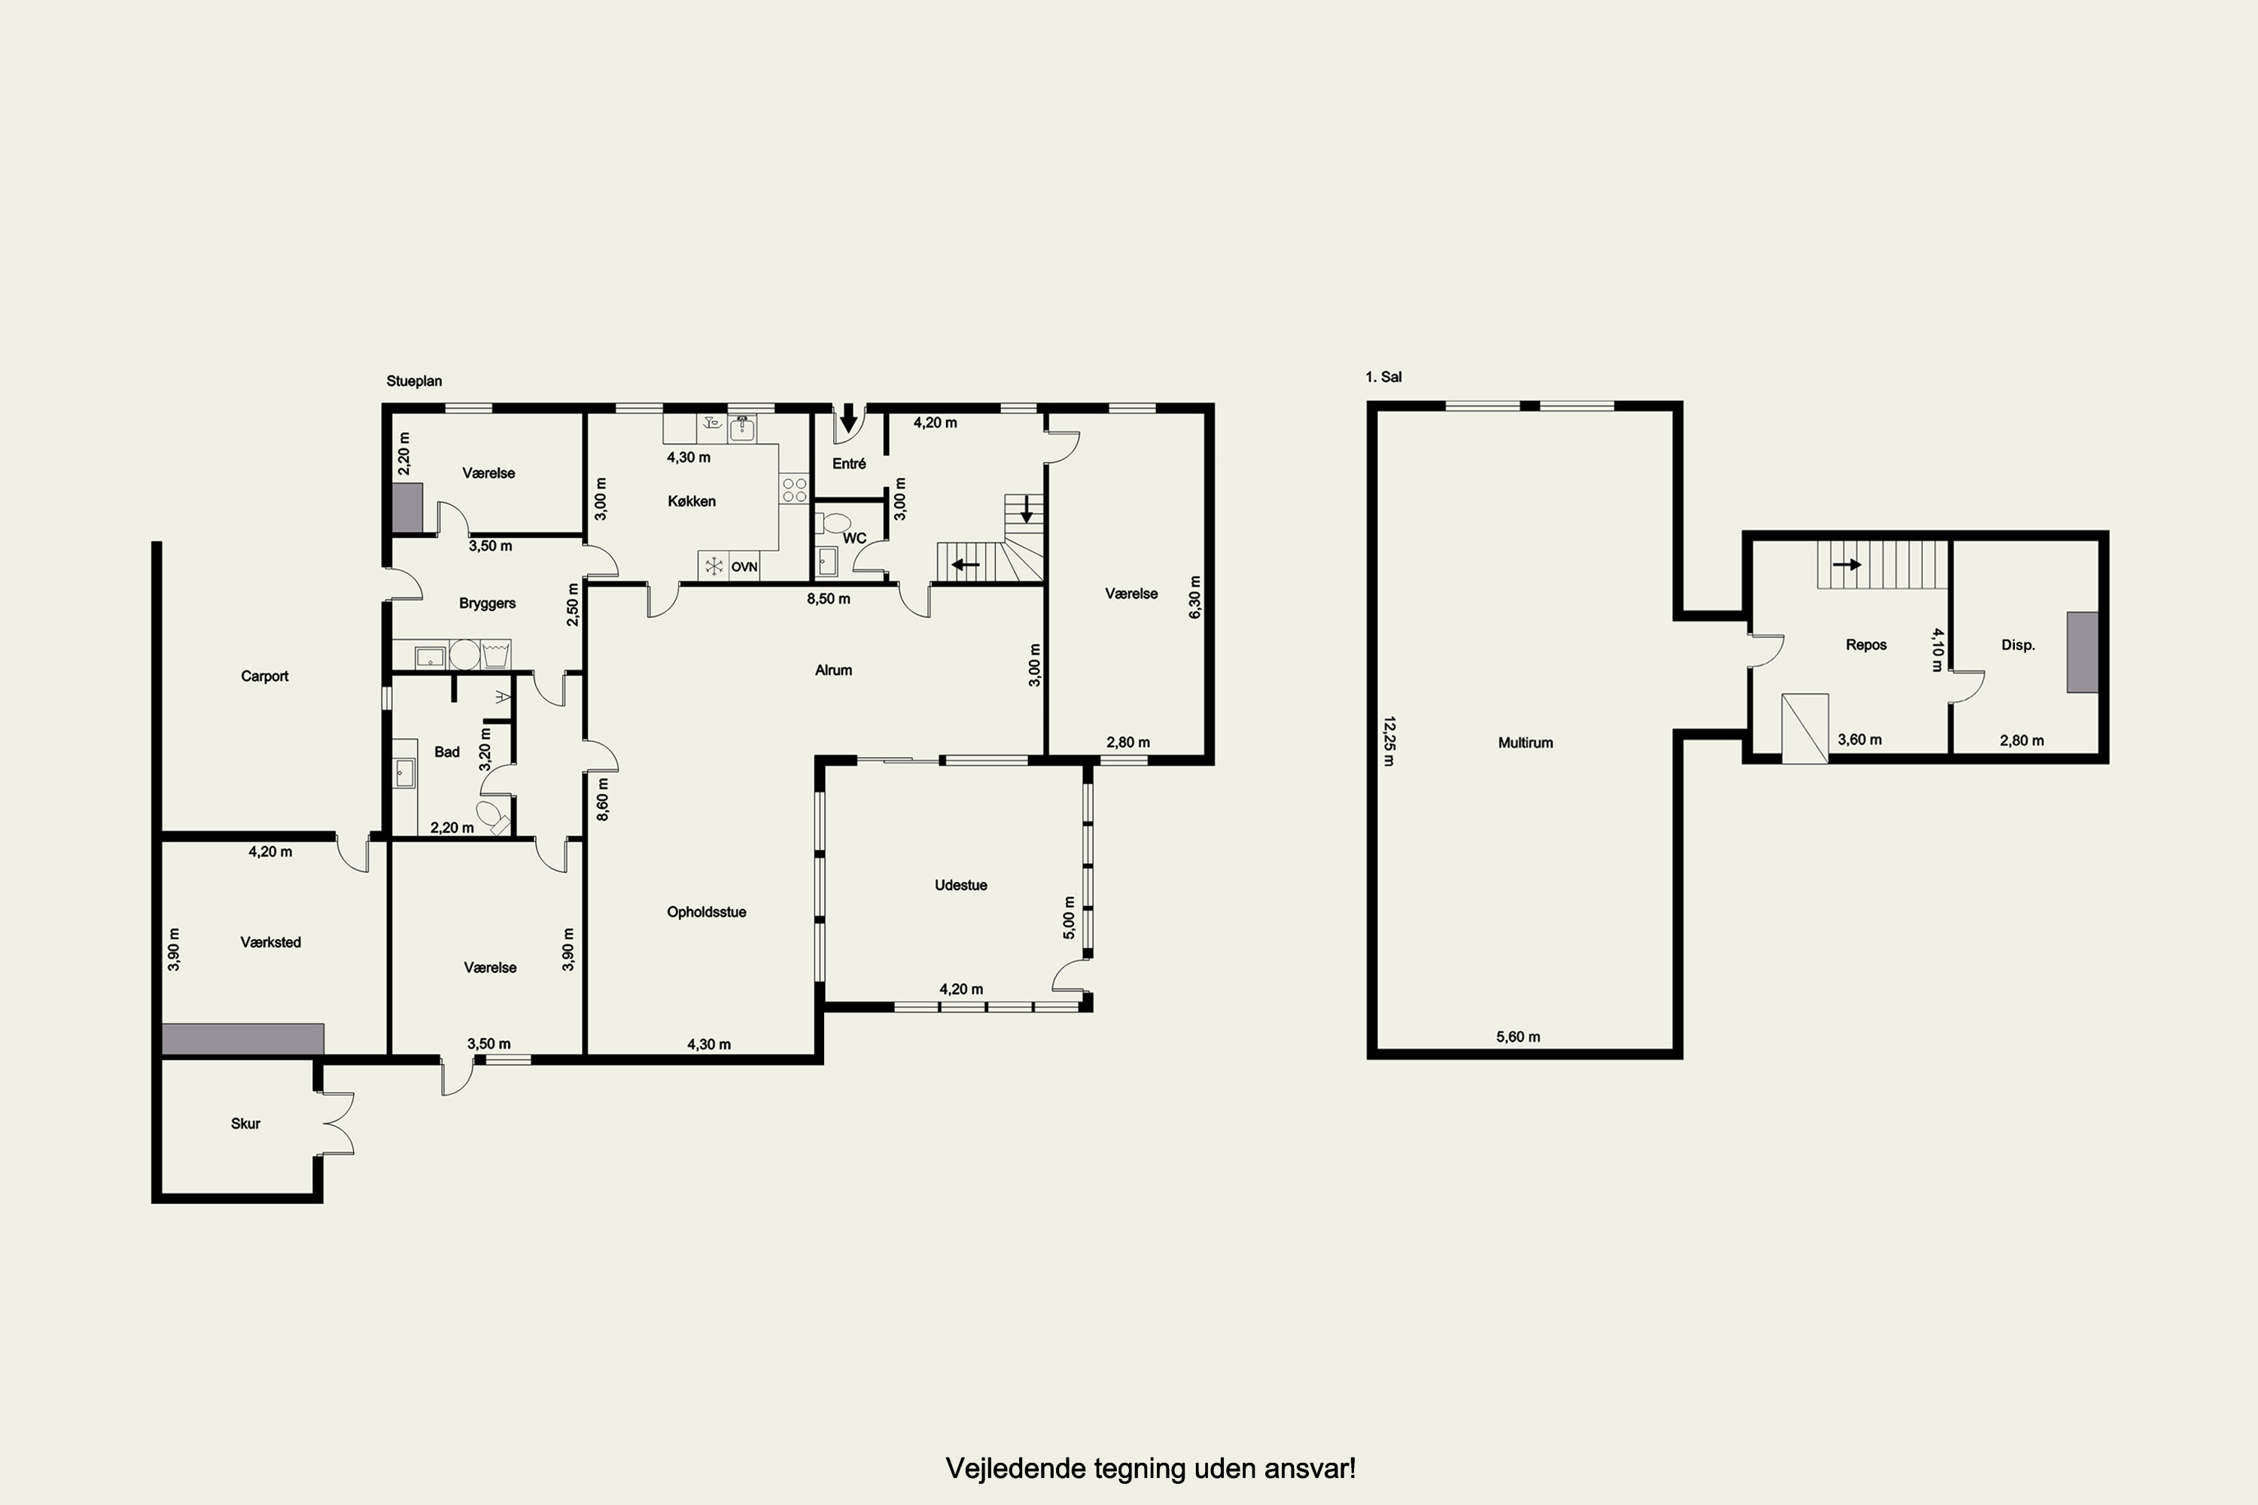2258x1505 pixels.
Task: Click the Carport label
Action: (264, 676)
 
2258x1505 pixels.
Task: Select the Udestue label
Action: (961, 885)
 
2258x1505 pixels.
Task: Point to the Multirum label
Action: (1526, 742)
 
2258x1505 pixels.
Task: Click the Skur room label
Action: (246, 1123)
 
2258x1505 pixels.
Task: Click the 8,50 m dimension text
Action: (829, 599)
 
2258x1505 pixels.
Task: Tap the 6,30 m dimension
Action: (1195, 597)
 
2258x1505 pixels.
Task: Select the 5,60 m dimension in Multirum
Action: (1518, 1037)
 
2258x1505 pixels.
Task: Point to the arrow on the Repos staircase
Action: (1846, 564)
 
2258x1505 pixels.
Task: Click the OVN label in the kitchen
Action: (744, 567)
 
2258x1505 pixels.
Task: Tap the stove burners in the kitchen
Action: (794, 491)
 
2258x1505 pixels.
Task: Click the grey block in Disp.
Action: (2083, 652)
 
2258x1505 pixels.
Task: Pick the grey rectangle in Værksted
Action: (243, 1039)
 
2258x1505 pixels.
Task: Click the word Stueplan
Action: (414, 381)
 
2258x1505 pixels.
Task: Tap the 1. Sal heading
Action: (1383, 377)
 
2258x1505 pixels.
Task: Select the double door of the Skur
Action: (339, 1123)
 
